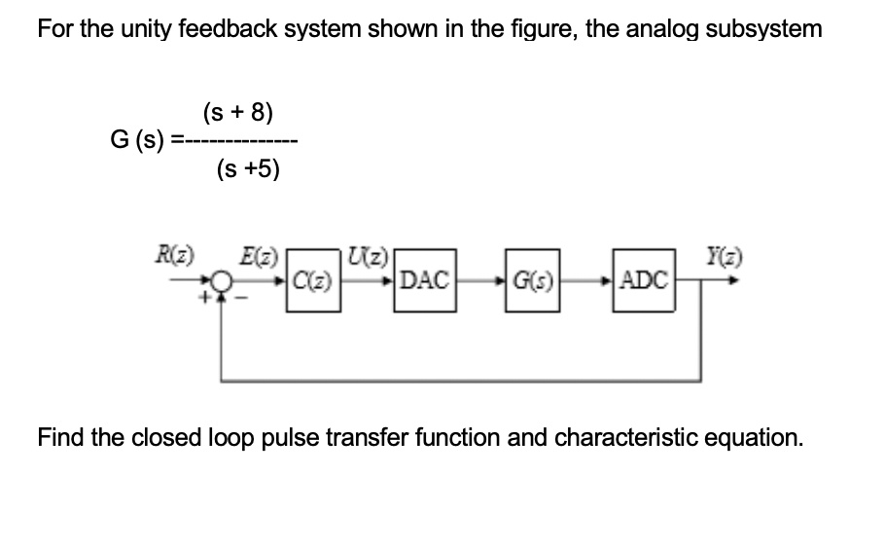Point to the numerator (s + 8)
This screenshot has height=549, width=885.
click(x=238, y=111)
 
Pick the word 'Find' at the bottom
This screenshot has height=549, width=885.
click(x=60, y=437)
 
